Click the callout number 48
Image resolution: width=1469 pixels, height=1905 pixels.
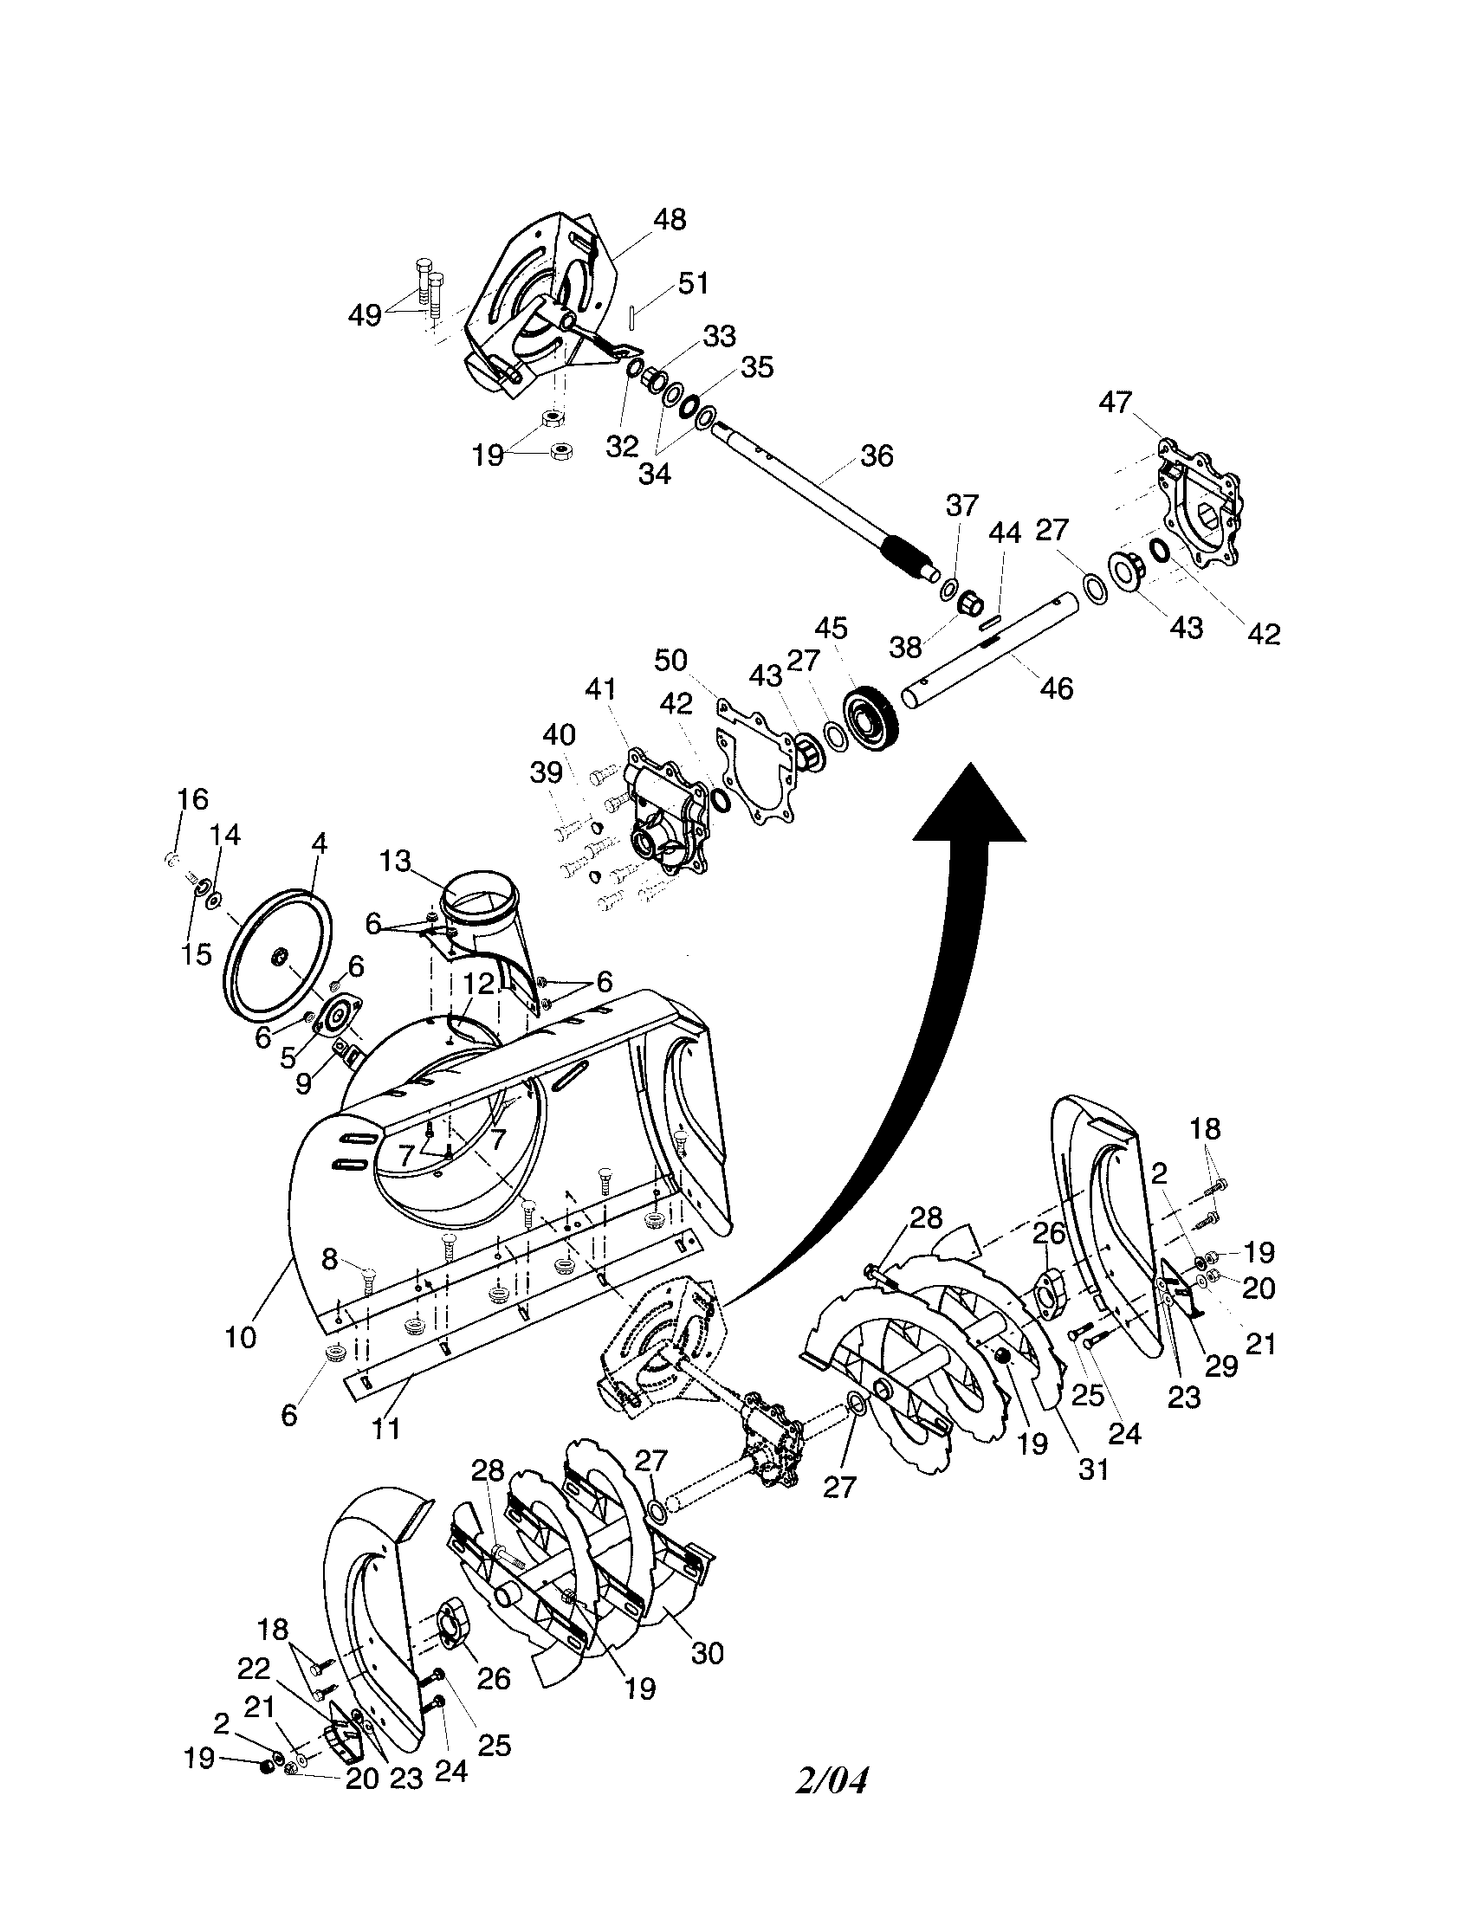click(x=669, y=219)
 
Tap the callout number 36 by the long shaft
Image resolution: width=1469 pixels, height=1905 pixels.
click(x=877, y=455)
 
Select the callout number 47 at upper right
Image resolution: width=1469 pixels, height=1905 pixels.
click(x=1115, y=402)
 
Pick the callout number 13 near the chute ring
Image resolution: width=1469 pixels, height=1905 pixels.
click(x=394, y=862)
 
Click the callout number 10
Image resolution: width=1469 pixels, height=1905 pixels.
click(x=241, y=1337)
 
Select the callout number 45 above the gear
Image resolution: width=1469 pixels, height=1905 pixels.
click(x=832, y=628)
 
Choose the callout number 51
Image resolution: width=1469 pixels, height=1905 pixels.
click(x=694, y=283)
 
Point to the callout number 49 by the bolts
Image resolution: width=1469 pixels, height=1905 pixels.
click(x=365, y=315)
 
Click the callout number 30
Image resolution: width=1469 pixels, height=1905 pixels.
click(x=707, y=1653)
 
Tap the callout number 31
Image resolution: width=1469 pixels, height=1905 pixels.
click(x=1093, y=1469)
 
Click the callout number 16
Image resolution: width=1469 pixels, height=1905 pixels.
click(x=193, y=799)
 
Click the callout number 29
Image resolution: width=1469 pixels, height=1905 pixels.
click(x=1220, y=1366)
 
